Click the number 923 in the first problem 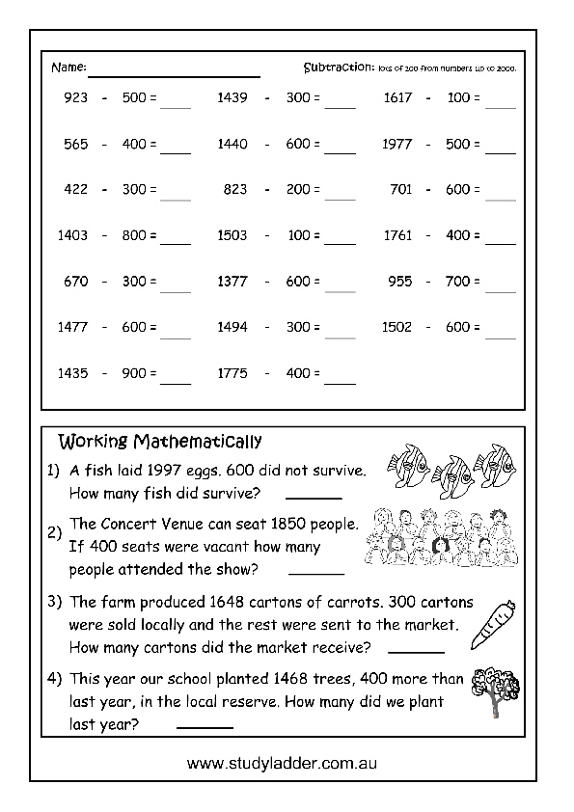click(74, 98)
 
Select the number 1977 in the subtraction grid click(397, 145)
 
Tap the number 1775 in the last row click(232, 372)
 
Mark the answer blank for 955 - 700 click(500, 288)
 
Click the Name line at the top click(175, 73)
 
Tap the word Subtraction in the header click(337, 68)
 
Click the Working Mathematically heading click(160, 443)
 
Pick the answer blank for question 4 click(205, 726)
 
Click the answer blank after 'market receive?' click(415, 651)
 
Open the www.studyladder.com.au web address click(282, 762)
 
